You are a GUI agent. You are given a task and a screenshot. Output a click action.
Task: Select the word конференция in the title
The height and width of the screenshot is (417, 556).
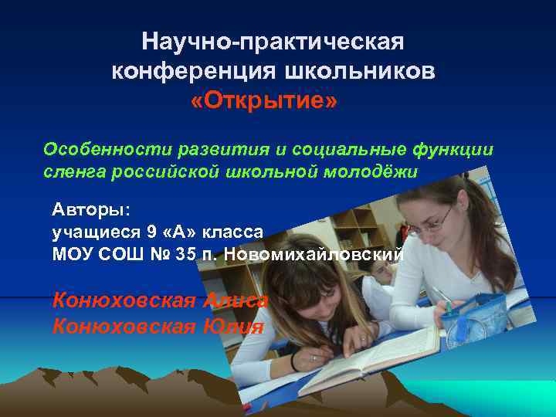(195, 71)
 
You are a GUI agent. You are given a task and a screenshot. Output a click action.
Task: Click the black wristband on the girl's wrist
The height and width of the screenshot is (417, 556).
(294, 361)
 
